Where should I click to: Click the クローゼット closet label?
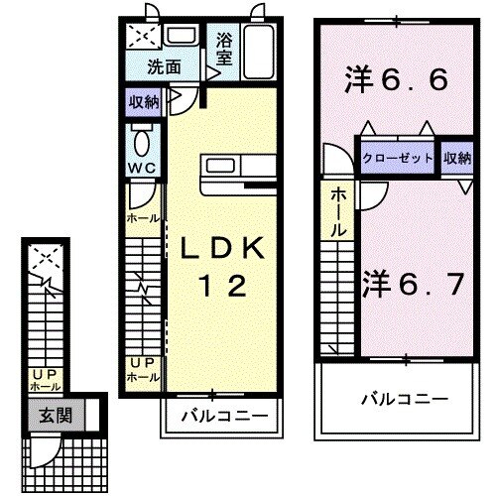398,158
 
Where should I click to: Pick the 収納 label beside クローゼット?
457,158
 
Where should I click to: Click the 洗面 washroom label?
165,68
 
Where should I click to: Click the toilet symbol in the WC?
139,137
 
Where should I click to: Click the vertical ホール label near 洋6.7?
338,211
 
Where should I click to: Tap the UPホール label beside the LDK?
139,370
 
